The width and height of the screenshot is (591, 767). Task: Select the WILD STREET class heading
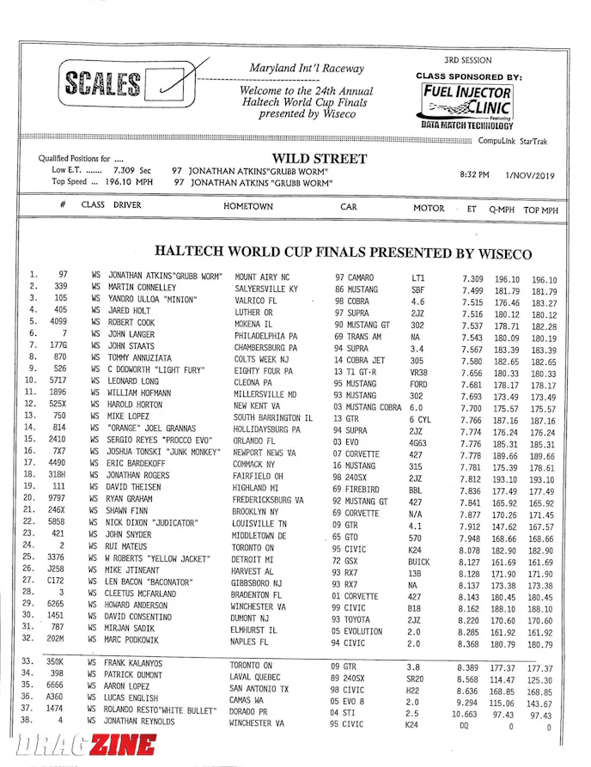click(319, 159)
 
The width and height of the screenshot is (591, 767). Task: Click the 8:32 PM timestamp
click(475, 175)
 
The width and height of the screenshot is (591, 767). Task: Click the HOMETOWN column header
click(248, 207)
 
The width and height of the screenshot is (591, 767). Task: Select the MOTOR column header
click(429, 208)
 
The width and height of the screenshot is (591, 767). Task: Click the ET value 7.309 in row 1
click(472, 279)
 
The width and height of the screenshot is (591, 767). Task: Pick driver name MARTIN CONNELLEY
click(143, 288)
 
